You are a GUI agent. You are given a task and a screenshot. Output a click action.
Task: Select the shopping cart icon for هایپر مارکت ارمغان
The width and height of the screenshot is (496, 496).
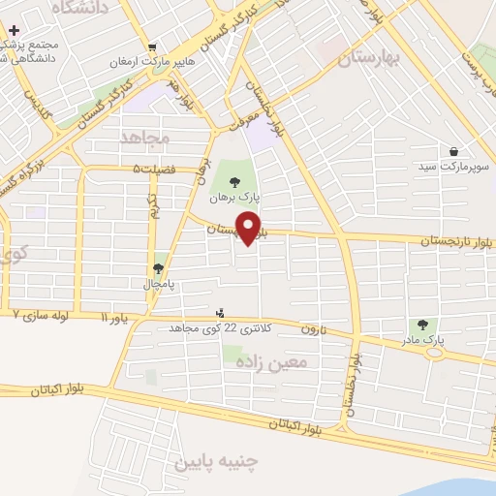(152, 46)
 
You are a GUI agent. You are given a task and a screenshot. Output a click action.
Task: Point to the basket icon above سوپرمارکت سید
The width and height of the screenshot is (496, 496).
(453, 151)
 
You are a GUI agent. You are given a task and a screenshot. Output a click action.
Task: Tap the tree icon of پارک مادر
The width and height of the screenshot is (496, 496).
(422, 325)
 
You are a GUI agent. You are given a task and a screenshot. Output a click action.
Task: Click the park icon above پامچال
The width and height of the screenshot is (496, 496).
(158, 268)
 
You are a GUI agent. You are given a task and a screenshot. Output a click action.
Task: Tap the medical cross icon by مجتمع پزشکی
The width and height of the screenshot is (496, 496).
(13, 31)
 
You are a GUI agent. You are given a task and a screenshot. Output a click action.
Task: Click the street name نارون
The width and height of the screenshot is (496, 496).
(309, 329)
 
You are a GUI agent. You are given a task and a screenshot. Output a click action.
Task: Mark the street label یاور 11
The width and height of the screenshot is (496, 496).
(113, 317)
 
